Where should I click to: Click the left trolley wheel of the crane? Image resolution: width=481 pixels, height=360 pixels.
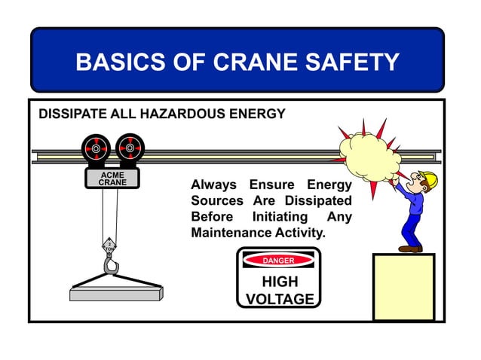[96, 148]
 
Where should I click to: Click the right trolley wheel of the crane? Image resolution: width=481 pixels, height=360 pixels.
[130, 148]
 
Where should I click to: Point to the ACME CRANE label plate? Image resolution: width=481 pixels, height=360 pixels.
[112, 178]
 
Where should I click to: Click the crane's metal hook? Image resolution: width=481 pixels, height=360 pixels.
[112, 265]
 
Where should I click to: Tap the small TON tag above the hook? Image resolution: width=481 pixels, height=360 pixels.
[109, 246]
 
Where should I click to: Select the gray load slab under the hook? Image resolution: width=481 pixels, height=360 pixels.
[116, 292]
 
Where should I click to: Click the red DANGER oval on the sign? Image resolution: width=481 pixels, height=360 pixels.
[278, 261]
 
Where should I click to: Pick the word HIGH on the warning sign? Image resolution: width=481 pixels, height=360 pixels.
[279, 282]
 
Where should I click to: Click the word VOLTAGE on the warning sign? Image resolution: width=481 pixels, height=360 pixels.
[280, 299]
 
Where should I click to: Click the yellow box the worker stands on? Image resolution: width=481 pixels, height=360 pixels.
[403, 287]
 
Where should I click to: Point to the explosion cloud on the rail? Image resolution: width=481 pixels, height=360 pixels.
[368, 154]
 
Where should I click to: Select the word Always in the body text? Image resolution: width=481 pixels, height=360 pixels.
[213, 185]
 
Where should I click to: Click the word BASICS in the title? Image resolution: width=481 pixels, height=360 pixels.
[118, 62]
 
